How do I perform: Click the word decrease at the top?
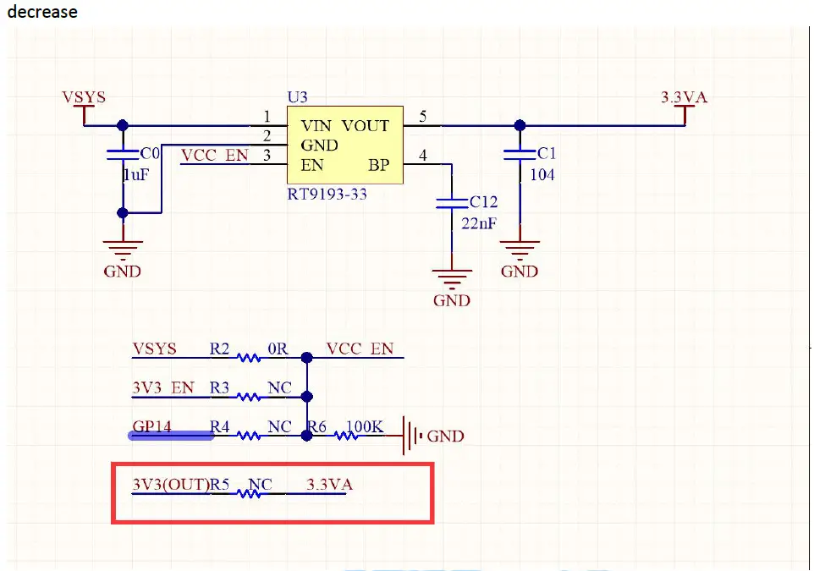coord(42,12)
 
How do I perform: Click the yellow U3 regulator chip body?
coord(345,145)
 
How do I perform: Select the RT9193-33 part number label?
coord(327,195)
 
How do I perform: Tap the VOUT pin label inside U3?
coord(366,125)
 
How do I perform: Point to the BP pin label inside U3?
coord(379,165)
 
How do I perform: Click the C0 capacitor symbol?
coord(123,155)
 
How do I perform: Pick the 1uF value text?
coord(136,175)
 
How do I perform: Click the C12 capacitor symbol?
coord(452,203)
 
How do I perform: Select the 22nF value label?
coord(479,223)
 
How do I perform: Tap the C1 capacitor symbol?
coord(520,154)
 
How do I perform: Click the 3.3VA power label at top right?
coord(685,97)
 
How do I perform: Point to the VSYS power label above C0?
coord(84,97)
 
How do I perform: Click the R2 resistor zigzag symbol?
coord(248,358)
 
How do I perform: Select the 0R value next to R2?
coord(278,349)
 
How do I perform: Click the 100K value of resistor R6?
coord(365,426)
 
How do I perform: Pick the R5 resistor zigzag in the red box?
coord(249,494)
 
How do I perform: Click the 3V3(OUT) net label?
coord(171,485)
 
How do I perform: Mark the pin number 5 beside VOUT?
coord(422,116)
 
